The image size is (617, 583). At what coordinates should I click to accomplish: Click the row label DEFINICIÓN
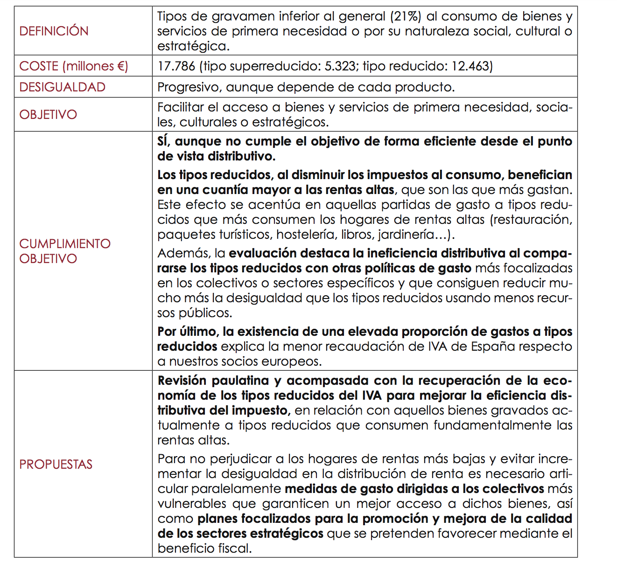[54, 31]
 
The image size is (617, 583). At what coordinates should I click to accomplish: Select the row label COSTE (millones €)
[73, 66]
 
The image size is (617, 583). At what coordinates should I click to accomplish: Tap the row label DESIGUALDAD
[62, 87]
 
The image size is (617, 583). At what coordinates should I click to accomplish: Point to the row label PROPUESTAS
[56, 465]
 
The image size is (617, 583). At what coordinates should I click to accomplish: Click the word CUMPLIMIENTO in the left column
[65, 244]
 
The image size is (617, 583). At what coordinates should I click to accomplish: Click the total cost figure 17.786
[176, 66]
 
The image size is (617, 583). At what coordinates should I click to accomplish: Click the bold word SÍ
[164, 141]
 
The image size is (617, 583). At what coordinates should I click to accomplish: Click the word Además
[184, 253]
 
